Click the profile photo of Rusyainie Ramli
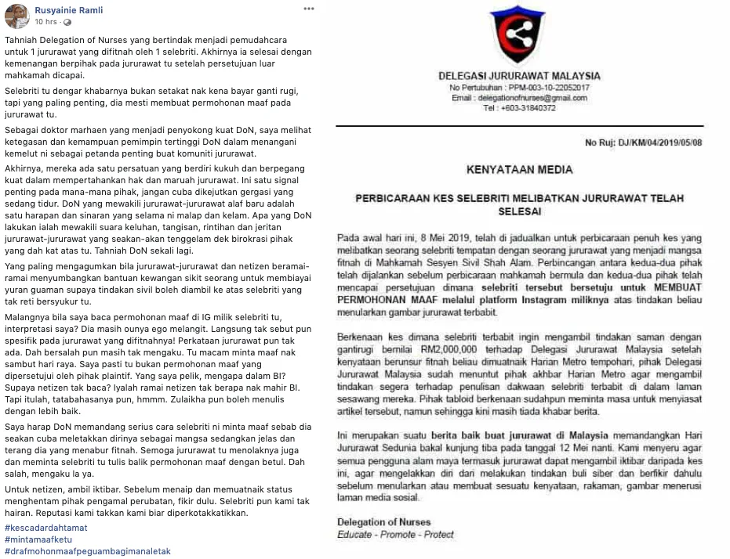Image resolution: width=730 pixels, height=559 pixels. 17,16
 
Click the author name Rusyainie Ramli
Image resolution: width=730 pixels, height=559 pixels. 69,10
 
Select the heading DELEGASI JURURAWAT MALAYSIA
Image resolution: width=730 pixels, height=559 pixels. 519,76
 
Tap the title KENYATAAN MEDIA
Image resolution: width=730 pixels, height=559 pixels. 519,169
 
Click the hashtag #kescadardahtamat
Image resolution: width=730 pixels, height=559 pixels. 45,528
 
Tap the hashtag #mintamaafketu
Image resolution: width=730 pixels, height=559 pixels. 38,539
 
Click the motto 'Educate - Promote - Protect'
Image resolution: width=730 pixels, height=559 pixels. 395,535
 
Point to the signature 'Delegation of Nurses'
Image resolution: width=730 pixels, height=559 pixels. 383,522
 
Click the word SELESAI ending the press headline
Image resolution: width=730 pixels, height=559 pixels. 518,211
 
